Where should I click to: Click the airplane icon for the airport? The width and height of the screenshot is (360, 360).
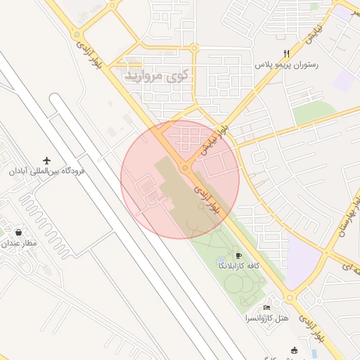[x=47, y=160]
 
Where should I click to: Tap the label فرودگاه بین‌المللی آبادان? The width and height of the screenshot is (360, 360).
[x=46, y=171]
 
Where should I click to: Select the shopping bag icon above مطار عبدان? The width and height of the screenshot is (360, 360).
[x=18, y=232]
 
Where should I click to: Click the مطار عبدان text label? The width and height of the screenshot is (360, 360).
[x=22, y=243]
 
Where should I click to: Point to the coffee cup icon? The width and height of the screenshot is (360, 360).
[x=239, y=255]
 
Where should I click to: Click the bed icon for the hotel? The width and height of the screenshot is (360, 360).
[x=266, y=308]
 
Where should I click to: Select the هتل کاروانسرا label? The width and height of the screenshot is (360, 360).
[x=266, y=319]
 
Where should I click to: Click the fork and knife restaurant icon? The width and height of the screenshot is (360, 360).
[x=286, y=53]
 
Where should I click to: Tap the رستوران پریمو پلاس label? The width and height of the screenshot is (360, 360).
[x=287, y=64]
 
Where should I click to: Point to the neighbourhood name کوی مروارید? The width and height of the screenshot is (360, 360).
[x=157, y=75]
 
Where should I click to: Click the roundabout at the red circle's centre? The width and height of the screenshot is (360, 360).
[x=185, y=168]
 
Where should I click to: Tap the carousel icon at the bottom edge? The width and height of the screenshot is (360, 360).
[x=294, y=350]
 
